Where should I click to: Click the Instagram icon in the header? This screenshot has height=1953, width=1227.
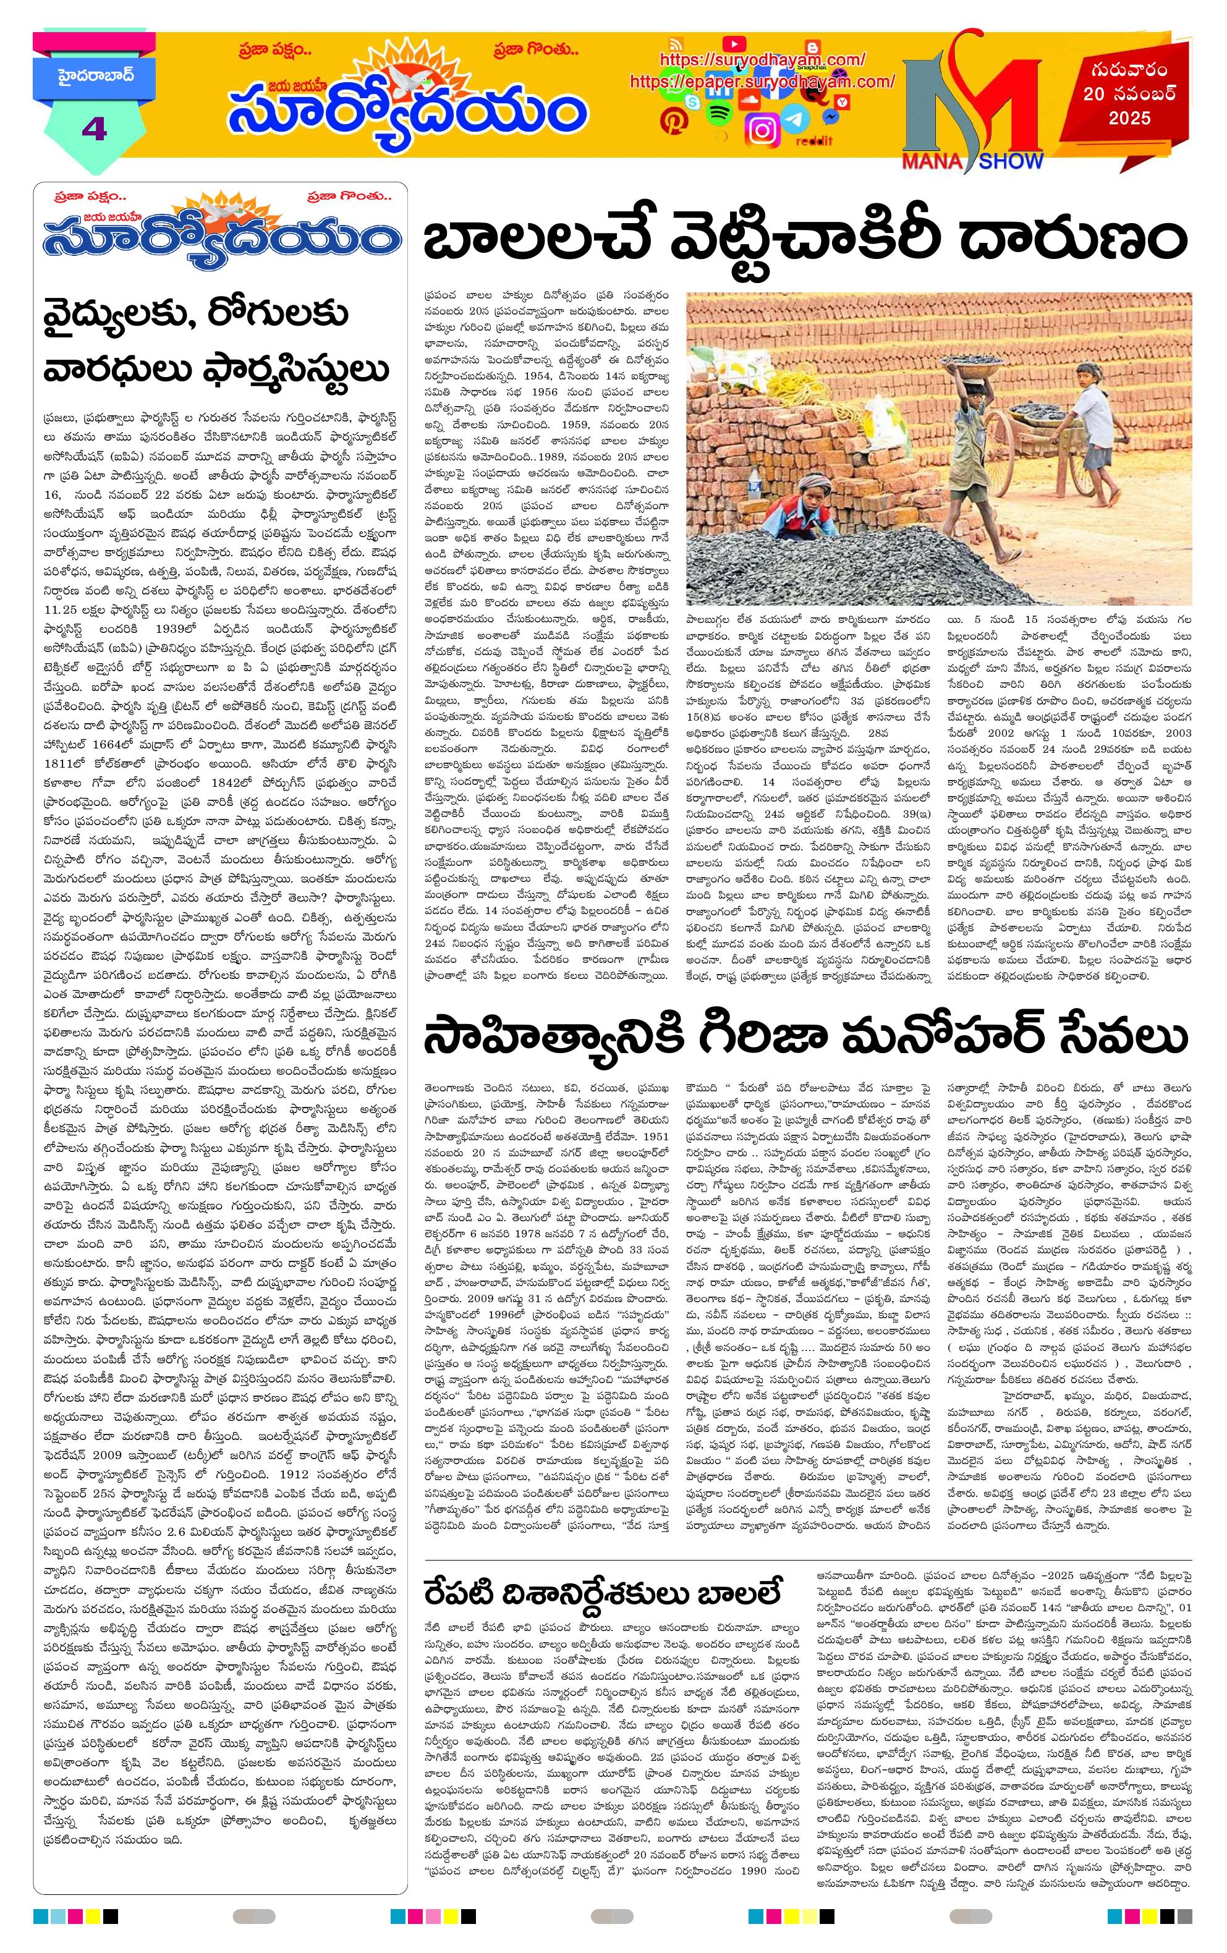point(762,129)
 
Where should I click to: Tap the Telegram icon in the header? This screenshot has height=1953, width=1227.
point(798,119)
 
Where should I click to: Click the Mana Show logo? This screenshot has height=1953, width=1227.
point(972,106)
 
